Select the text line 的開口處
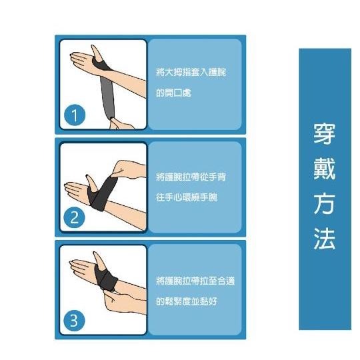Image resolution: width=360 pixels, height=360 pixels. coord(173,94)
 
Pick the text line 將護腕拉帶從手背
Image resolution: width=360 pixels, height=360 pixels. coord(191,177)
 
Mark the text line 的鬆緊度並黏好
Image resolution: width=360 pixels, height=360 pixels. coord(187,301)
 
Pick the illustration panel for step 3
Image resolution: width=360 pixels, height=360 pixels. coord(103,289)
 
